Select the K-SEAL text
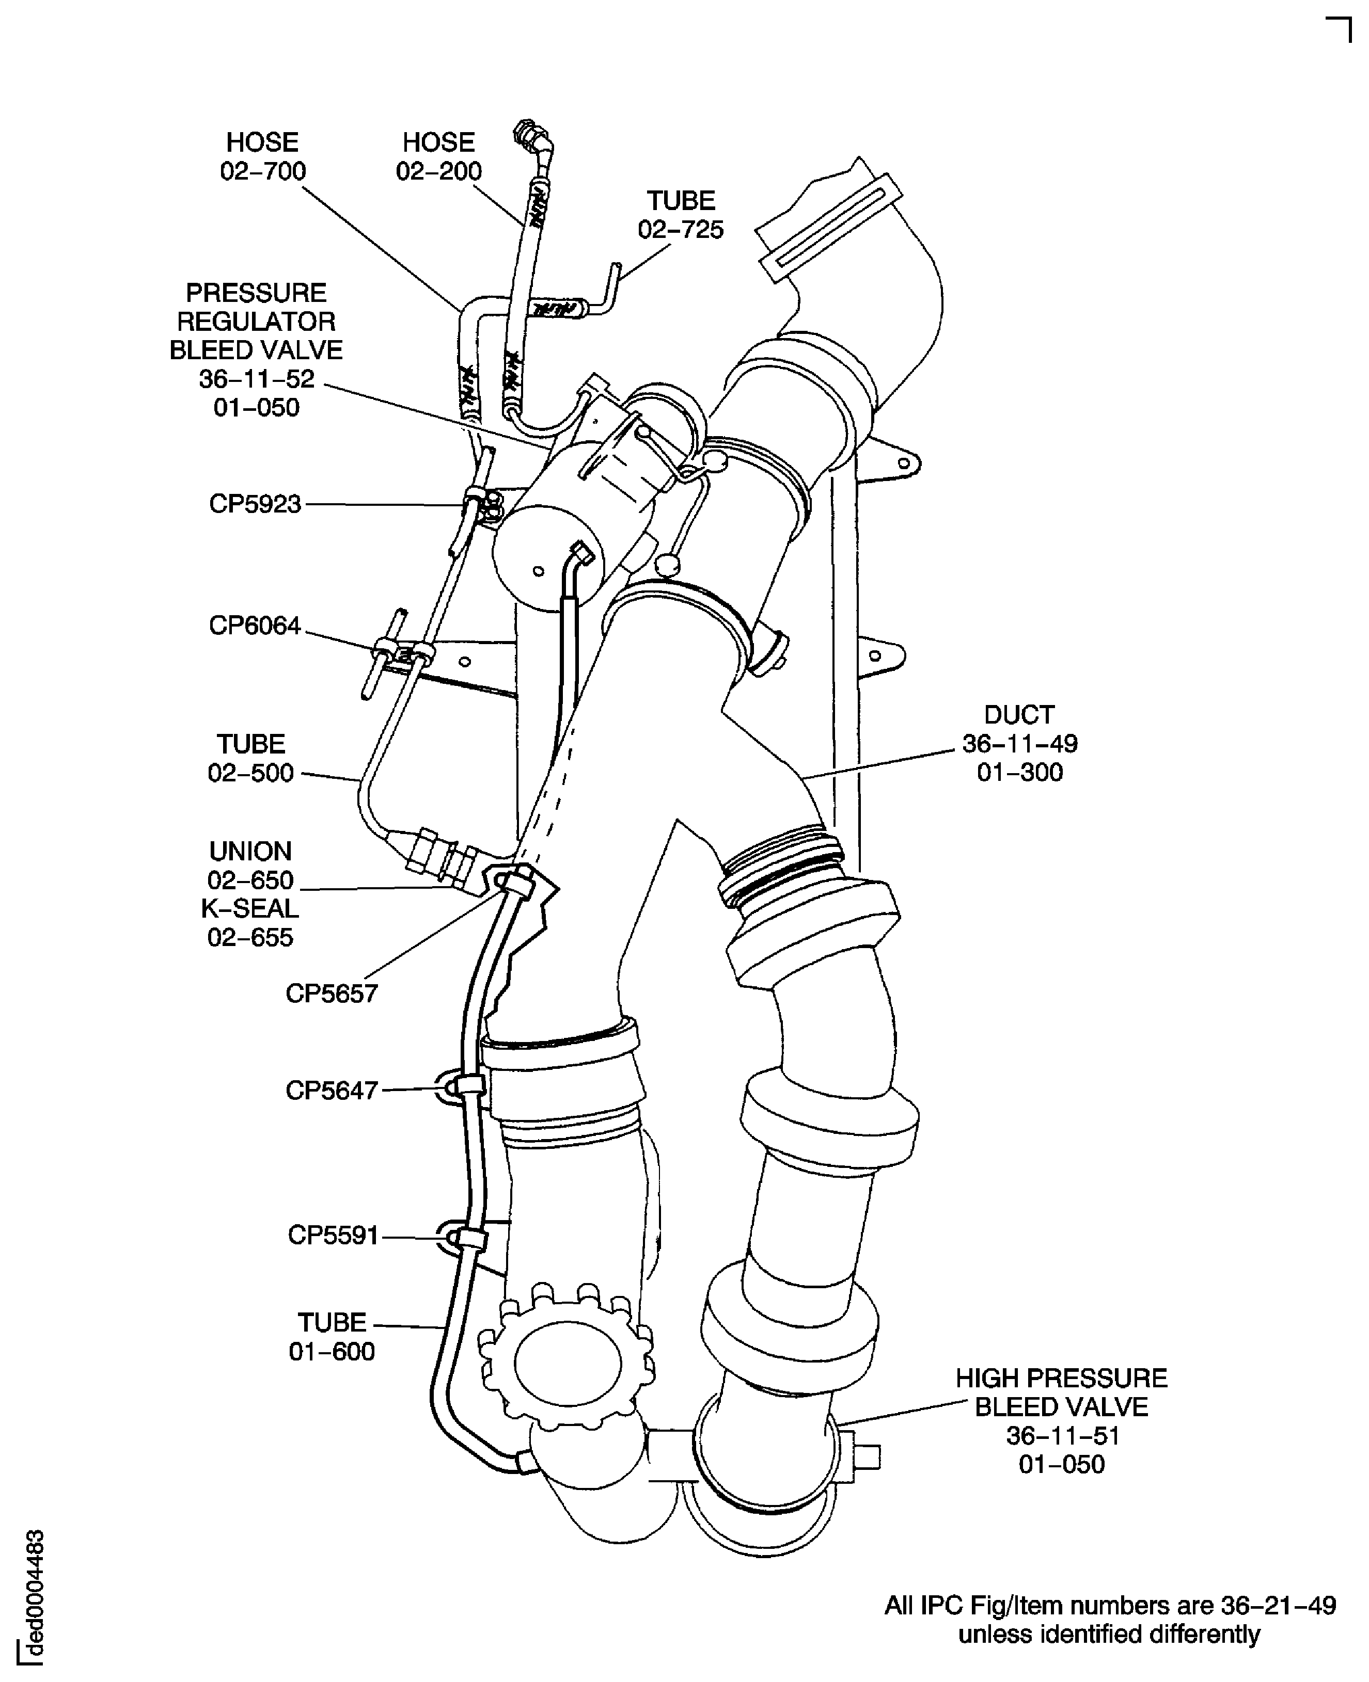[x=250, y=909]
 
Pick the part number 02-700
[x=263, y=171]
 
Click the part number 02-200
[x=438, y=171]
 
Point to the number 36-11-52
[x=256, y=379]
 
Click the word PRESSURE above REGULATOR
[x=256, y=293]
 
